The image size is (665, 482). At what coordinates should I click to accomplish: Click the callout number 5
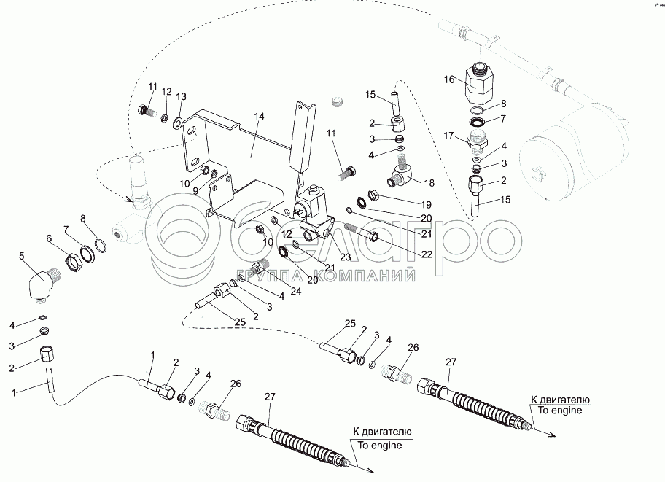pos(22,256)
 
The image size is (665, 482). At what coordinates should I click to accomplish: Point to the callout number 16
pos(450,79)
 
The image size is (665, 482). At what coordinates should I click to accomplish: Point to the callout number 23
pos(345,256)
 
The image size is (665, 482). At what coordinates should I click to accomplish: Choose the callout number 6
pos(50,238)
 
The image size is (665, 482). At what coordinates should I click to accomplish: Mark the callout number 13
pos(181,97)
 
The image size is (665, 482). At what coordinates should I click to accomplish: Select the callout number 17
pos(449,134)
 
